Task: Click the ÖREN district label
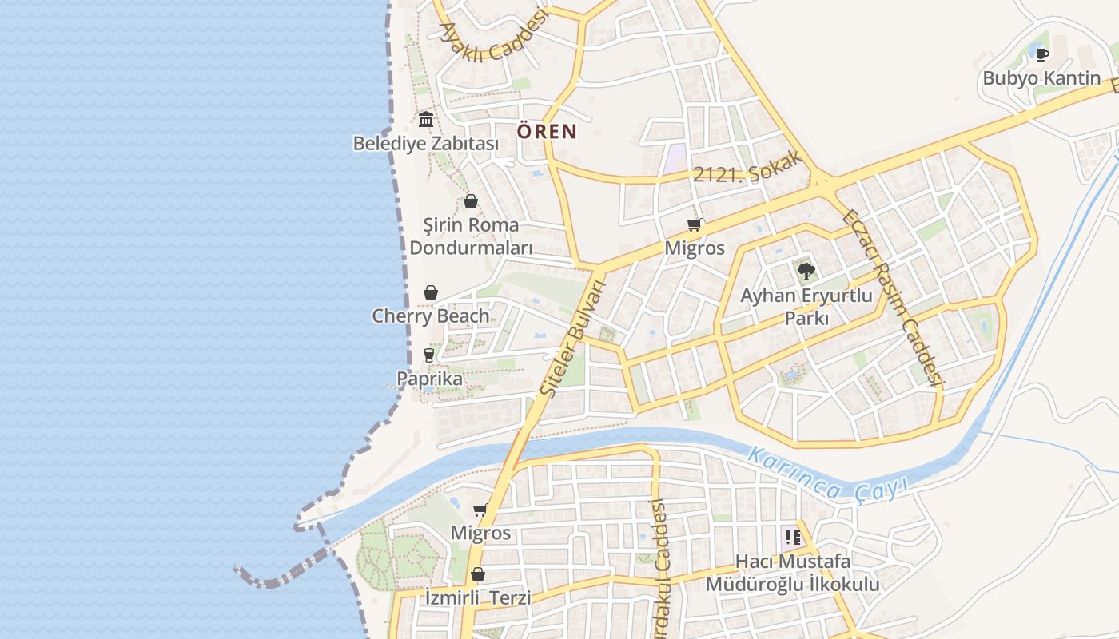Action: (x=547, y=131)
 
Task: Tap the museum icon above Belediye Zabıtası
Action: (x=426, y=120)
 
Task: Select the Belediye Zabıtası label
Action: (x=426, y=144)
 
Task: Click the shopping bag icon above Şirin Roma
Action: (x=471, y=201)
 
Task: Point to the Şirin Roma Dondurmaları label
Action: (x=471, y=236)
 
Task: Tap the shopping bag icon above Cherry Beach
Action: (x=431, y=293)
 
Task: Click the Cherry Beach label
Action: (x=431, y=316)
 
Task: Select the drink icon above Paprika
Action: (x=429, y=355)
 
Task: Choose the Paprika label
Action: (x=429, y=379)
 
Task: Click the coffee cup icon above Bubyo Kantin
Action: (x=1041, y=54)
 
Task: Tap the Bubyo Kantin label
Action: (x=1041, y=78)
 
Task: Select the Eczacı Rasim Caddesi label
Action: (x=894, y=298)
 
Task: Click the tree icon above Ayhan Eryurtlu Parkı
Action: (x=806, y=272)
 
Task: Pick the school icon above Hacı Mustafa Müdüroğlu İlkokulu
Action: (x=792, y=538)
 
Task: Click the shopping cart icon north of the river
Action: (x=694, y=225)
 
